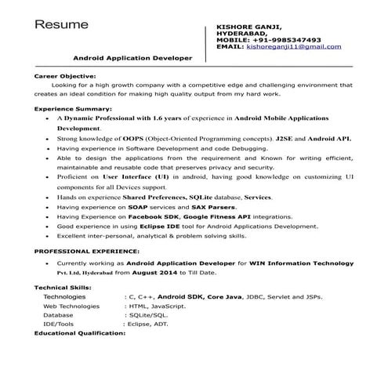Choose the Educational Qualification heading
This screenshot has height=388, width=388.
(80, 333)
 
